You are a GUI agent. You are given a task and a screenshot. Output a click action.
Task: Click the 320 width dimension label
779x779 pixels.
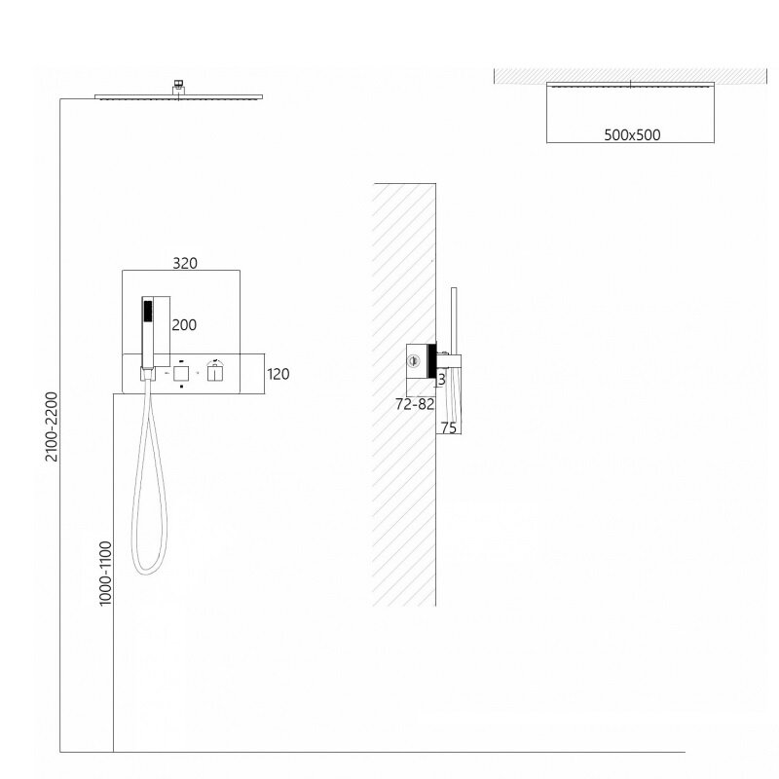[x=185, y=263]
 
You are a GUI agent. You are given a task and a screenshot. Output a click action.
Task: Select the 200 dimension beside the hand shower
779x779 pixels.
[x=184, y=325]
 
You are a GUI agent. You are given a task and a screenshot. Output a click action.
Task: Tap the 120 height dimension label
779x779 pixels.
[x=278, y=374]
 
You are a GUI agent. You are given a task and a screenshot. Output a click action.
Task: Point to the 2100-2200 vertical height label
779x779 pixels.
[x=52, y=427]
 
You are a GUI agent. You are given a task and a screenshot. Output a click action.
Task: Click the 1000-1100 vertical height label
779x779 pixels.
[x=105, y=574]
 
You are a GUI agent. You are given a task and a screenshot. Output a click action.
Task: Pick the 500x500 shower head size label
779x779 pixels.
[x=632, y=135]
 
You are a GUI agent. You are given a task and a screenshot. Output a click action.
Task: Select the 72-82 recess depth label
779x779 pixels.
[x=415, y=404]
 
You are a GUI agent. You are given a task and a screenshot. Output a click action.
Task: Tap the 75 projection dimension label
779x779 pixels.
[x=449, y=427]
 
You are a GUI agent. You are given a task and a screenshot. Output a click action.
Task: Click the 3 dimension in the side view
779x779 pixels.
[x=442, y=380]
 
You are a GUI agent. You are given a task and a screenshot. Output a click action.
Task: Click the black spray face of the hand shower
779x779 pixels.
[x=148, y=311]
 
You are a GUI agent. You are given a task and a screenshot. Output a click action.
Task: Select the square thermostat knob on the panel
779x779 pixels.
[x=181, y=373]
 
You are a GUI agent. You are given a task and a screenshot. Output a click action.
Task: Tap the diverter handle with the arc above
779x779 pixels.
[x=214, y=371]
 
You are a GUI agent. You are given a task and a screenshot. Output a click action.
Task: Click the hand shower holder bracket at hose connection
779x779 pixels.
[x=147, y=374]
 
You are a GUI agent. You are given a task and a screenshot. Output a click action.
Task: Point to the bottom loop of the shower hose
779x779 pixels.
[x=149, y=572]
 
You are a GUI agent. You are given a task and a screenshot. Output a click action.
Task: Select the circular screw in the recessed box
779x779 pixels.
[x=413, y=361]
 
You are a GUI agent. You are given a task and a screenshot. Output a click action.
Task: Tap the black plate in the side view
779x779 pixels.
[x=431, y=361]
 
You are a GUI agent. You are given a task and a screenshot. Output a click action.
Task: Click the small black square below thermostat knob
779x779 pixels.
[x=181, y=386]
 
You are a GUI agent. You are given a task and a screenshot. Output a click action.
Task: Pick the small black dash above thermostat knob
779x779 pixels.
[x=181, y=361]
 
